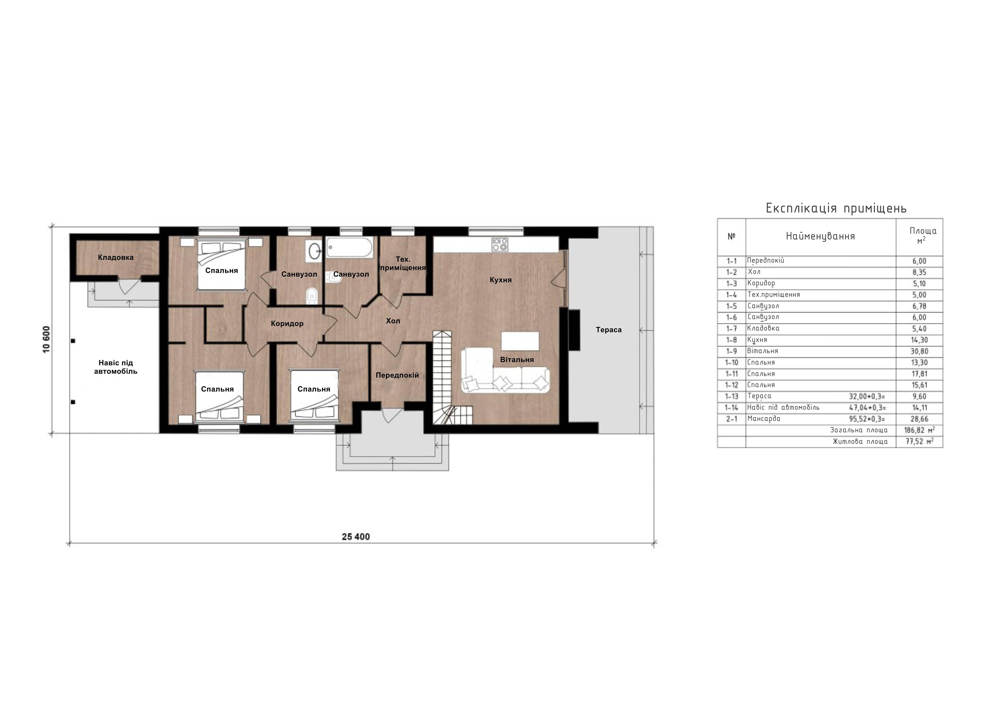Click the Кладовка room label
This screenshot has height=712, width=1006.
click(x=116, y=257)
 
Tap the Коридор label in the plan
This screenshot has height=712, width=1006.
click(x=287, y=324)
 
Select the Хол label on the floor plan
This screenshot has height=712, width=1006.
click(x=393, y=321)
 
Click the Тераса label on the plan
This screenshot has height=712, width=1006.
click(x=609, y=330)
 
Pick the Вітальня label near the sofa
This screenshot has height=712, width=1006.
click(x=517, y=359)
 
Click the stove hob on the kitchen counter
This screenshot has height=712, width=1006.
click(x=500, y=244)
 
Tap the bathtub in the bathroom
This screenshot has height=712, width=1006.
click(x=350, y=247)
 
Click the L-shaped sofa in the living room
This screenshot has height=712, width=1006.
click(x=505, y=370)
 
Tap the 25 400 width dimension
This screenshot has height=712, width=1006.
click(x=356, y=537)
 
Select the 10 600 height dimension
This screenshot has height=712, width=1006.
click(x=46, y=339)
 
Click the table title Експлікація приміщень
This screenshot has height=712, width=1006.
click(x=836, y=208)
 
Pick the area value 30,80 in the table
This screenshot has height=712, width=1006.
click(x=919, y=351)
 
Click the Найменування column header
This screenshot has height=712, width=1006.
click(x=820, y=236)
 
